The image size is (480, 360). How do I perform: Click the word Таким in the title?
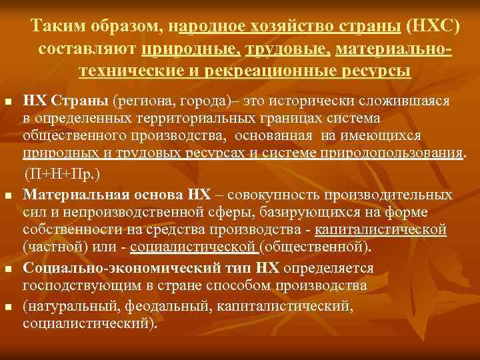(x=57, y=27)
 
